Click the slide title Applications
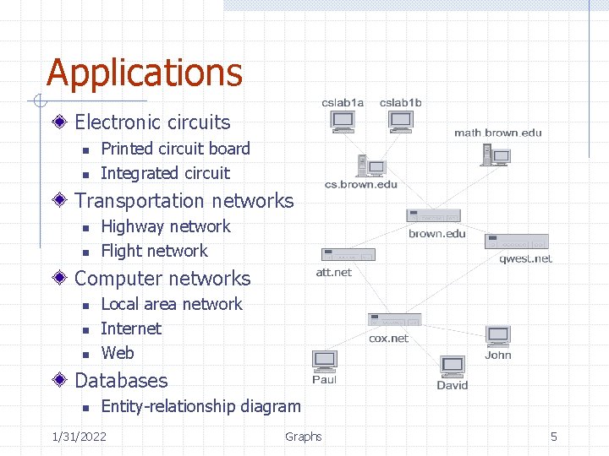[145, 73]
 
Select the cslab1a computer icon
[343, 122]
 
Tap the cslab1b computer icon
[400, 122]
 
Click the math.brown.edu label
[497, 133]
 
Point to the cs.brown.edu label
[361, 185]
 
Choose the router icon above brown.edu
[433, 215]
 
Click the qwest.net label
[525, 258]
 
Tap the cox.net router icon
[394, 320]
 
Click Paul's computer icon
[325, 360]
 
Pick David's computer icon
[453, 367]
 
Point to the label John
[498, 355]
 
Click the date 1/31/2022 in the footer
[79, 436]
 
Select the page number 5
[554, 436]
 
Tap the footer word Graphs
[303, 436]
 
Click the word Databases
[121, 381]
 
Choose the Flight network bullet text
[154, 251]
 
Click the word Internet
[130, 328]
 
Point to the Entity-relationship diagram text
[200, 406]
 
